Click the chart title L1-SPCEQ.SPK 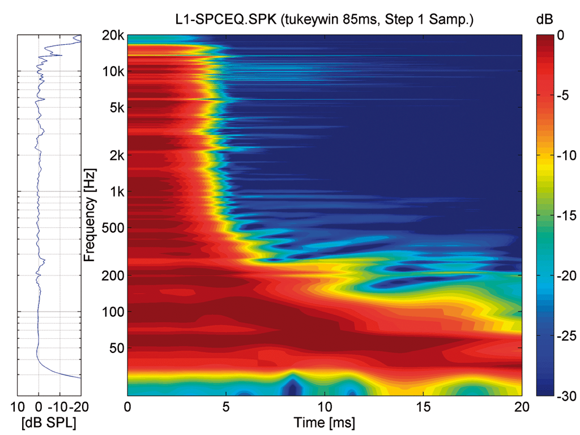point(324,20)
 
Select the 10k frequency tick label point(114,71)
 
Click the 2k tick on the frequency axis point(116,155)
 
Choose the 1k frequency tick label point(116,191)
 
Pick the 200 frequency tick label point(114,275)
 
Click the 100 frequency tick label point(114,312)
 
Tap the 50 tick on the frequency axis point(116,348)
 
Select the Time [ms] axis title point(324,423)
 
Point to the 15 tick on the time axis point(423,407)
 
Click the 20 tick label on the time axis point(522,407)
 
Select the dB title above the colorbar point(543,20)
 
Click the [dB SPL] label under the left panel point(49,423)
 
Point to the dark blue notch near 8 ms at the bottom point(292,388)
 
